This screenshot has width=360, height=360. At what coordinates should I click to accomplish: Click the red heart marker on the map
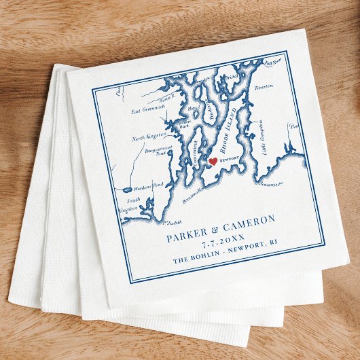click(213, 162)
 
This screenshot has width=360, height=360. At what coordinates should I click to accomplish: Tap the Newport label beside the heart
click(230, 160)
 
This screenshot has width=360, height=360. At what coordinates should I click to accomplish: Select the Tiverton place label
click(264, 87)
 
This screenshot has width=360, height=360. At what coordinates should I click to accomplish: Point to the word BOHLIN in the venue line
click(215, 257)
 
